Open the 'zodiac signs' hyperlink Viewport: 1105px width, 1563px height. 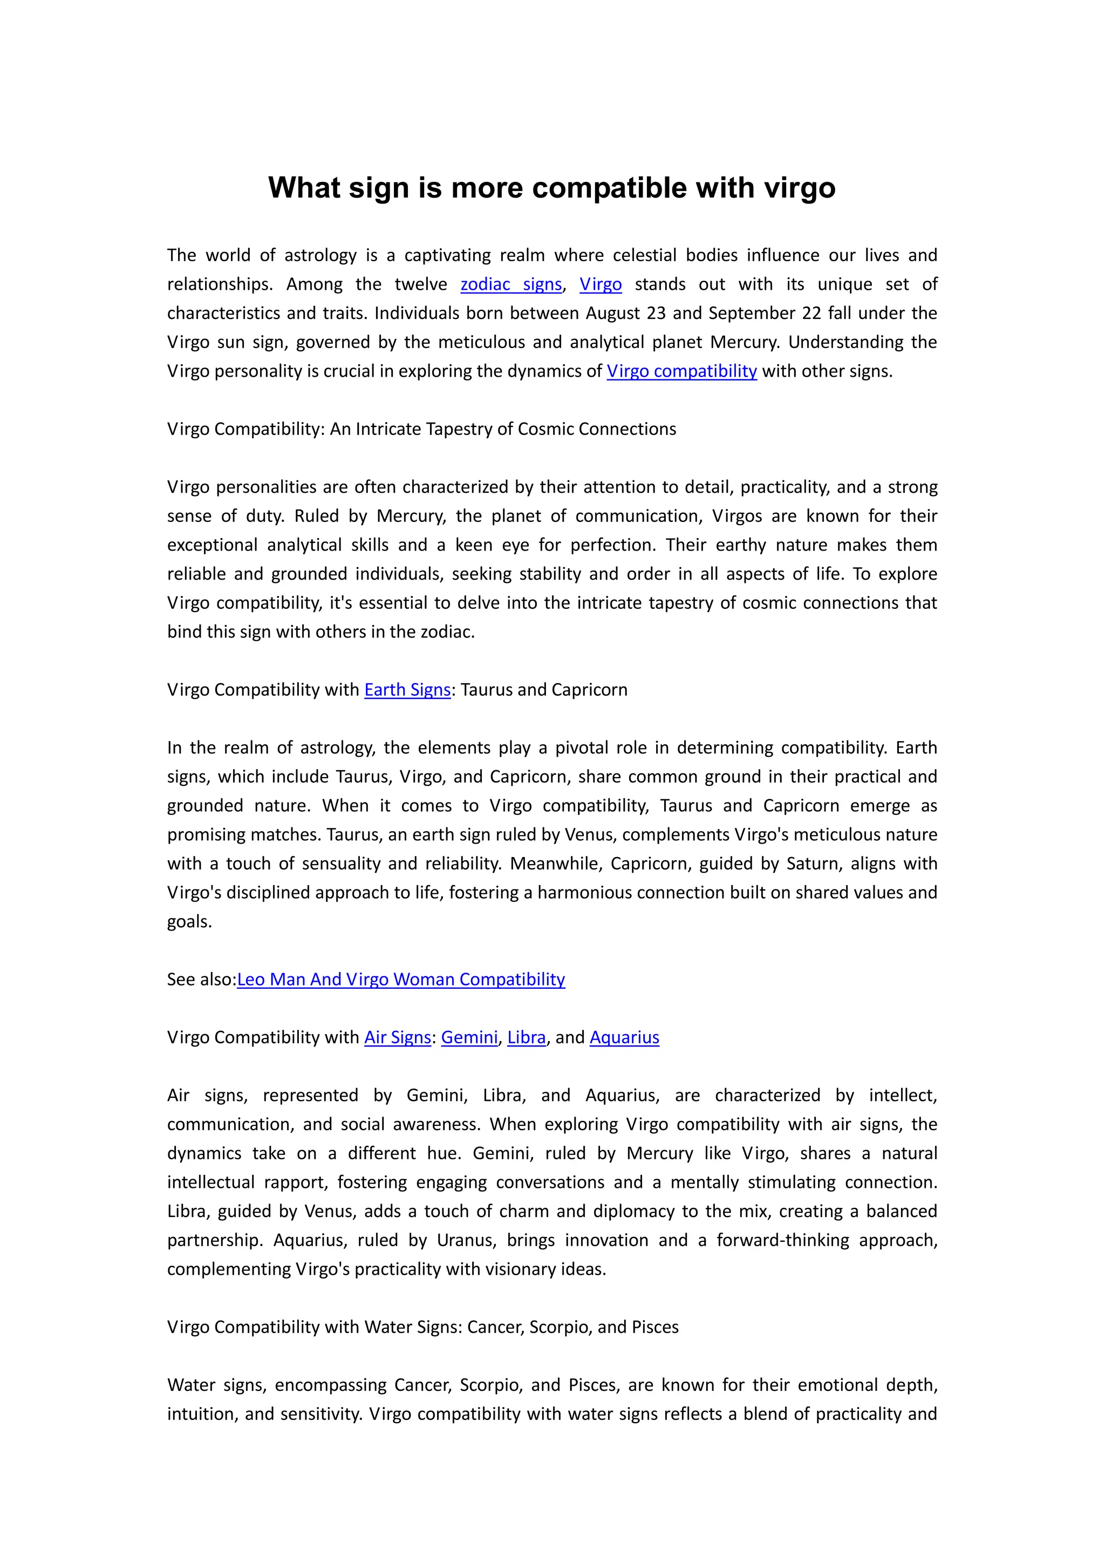pos(511,284)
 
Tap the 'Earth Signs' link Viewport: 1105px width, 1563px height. pos(407,690)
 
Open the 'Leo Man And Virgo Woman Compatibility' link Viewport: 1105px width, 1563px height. pos(401,979)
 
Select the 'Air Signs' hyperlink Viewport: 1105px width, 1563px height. pos(397,1037)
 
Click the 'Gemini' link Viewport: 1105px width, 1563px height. pos(469,1037)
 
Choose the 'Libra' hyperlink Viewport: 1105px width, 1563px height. pos(526,1037)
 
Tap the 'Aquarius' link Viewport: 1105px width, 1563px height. pos(624,1037)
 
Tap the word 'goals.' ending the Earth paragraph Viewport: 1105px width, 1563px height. pos(189,921)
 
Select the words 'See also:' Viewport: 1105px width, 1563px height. pos(201,979)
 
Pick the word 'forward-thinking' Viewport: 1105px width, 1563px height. pos(782,1240)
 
